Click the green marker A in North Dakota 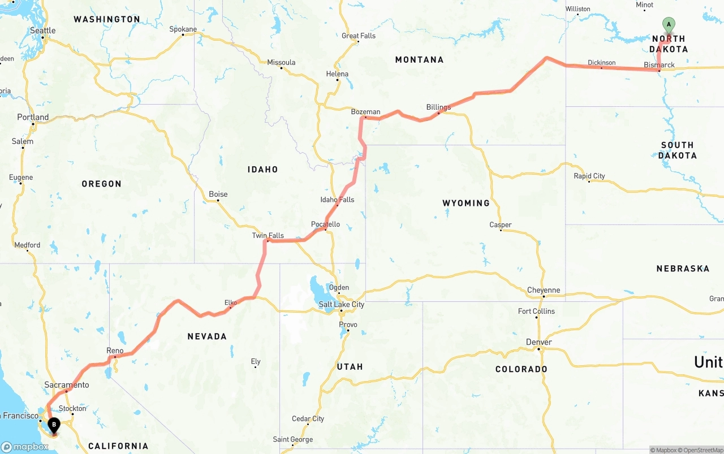click(x=669, y=25)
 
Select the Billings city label click(x=438, y=107)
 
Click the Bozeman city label click(x=365, y=112)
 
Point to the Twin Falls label click(x=268, y=236)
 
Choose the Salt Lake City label click(x=341, y=305)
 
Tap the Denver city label click(x=538, y=343)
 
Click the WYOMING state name click(x=466, y=203)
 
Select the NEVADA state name click(x=207, y=336)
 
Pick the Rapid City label click(x=589, y=176)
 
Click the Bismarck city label click(x=659, y=65)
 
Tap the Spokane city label click(x=183, y=29)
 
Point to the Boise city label click(x=218, y=194)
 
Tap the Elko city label click(x=231, y=303)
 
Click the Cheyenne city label click(x=543, y=291)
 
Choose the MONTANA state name click(x=419, y=60)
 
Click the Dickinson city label click(x=601, y=63)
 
